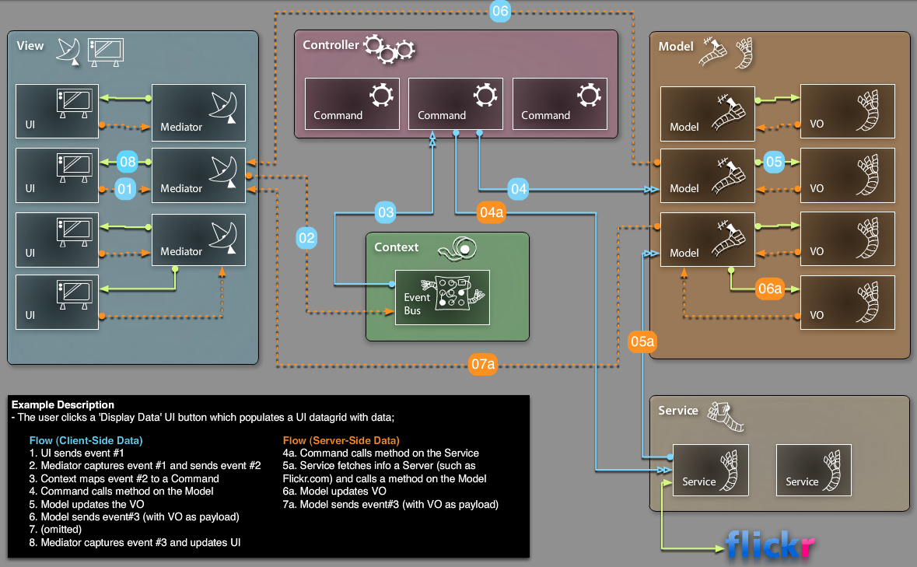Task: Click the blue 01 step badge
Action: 125,188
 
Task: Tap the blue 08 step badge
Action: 128,163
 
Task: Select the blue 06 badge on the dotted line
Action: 500,11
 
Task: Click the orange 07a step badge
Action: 483,364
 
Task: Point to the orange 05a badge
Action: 642,341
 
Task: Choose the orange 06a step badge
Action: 769,289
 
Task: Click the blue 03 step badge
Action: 385,212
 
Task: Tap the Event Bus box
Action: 443,297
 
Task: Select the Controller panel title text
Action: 331,45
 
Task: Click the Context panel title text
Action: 396,247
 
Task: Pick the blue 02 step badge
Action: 306,238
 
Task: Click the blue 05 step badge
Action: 773,162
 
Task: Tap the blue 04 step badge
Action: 519,188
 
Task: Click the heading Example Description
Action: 62,404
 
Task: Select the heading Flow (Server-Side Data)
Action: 341,440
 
